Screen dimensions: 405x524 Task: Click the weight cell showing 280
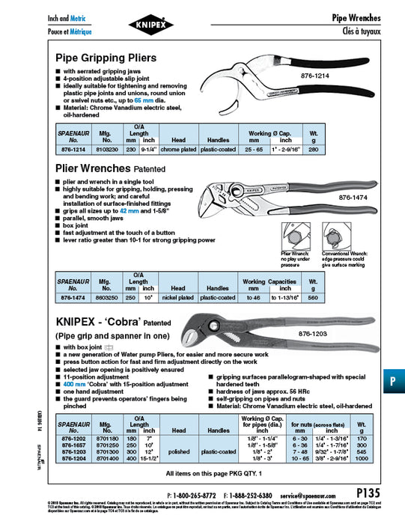pyautogui.click(x=313, y=148)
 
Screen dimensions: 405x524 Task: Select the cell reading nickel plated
pyautogui.click(x=177, y=297)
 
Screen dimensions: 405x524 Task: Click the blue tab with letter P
pyautogui.click(x=393, y=380)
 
